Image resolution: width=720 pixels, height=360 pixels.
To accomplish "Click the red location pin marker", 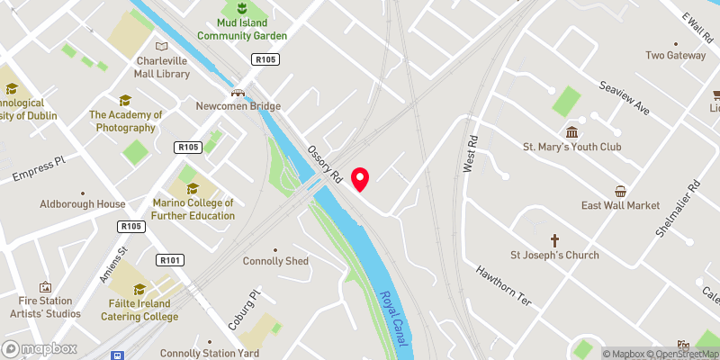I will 360,178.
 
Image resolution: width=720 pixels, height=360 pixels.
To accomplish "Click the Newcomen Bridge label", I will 238,105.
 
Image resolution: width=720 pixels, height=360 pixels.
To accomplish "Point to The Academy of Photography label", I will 125,121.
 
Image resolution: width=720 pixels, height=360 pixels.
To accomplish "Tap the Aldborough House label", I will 83,204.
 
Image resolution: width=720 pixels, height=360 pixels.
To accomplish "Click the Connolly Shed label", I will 275,261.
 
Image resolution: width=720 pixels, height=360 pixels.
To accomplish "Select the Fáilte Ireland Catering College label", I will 139,310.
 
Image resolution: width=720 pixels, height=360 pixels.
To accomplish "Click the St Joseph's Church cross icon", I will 554,240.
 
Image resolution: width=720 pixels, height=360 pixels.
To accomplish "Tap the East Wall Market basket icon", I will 620,191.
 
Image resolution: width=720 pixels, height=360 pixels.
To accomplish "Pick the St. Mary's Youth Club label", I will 572,146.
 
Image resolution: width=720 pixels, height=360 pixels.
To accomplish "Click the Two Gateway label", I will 676,55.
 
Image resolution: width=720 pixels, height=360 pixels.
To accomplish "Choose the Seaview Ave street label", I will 625,98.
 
